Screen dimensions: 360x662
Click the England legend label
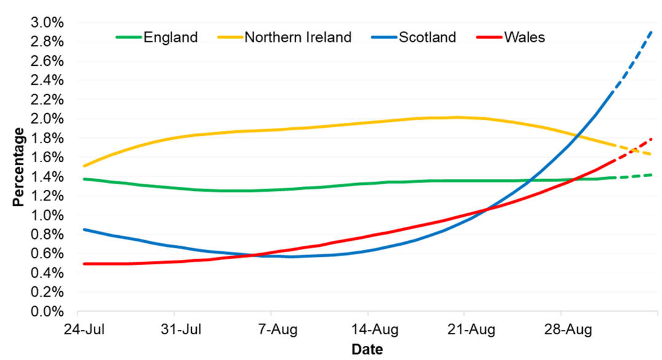[170, 37]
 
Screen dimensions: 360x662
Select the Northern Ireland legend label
[298, 37]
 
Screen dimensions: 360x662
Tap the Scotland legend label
[427, 37]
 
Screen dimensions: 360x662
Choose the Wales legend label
[524, 37]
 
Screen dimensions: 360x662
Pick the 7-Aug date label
[274, 330]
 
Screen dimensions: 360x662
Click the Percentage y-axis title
[19, 166]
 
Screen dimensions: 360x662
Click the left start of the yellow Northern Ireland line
[83, 166]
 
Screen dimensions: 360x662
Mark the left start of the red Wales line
[83, 264]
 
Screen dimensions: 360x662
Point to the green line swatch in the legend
[128, 37]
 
